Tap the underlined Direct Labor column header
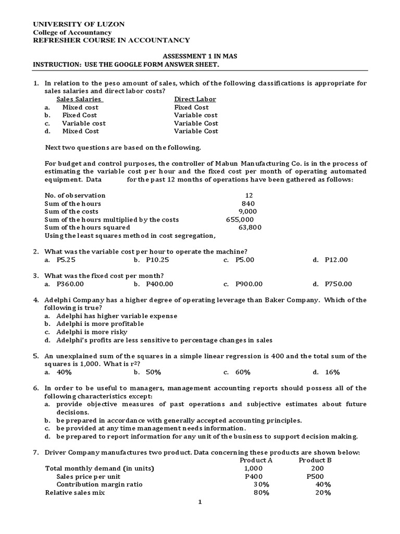click(x=195, y=99)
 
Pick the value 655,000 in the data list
click(x=240, y=220)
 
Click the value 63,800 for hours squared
click(x=250, y=227)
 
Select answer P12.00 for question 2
click(x=336, y=260)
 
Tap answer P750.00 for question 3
click(x=338, y=284)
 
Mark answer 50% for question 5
click(x=154, y=372)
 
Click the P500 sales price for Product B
click(x=315, y=476)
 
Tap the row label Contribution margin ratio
click(x=99, y=484)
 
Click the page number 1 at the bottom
click(x=199, y=502)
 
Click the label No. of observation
click(x=75, y=196)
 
